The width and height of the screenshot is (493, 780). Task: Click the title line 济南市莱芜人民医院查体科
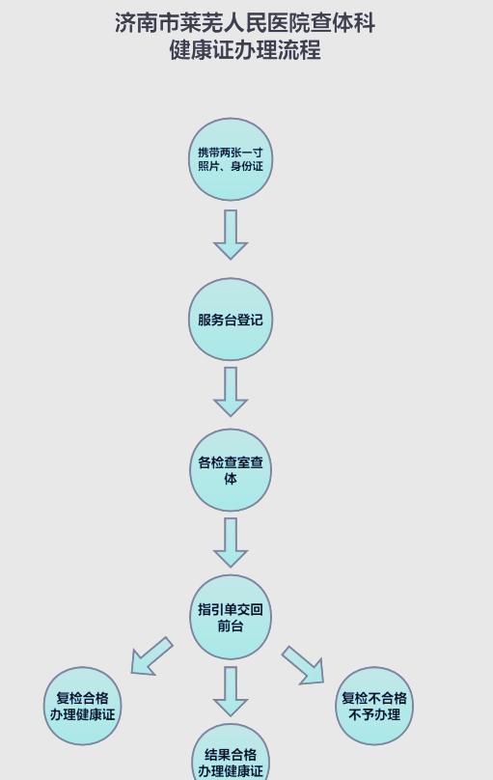[245, 23]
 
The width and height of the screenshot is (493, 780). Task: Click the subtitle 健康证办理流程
[245, 50]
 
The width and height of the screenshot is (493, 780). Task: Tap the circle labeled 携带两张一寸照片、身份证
[231, 159]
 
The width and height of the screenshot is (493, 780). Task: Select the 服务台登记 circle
[231, 320]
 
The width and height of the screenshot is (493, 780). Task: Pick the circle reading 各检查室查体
[231, 470]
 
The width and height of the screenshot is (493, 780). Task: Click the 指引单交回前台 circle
[231, 617]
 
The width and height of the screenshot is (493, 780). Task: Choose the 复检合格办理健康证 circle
[83, 706]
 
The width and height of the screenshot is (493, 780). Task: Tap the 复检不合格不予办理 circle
[374, 706]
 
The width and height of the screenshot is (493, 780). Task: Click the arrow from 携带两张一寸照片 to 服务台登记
[231, 235]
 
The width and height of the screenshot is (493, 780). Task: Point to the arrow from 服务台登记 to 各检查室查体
[231, 392]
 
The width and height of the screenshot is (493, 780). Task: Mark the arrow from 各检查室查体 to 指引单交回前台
[231, 543]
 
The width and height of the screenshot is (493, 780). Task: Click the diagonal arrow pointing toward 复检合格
[151, 656]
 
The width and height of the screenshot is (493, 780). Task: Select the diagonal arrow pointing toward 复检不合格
[304, 665]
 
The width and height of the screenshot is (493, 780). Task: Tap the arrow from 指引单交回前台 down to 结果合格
[231, 691]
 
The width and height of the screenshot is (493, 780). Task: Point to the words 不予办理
[374, 714]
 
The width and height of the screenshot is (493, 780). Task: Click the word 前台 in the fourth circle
[231, 625]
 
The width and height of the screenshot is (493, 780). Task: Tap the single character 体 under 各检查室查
[231, 479]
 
